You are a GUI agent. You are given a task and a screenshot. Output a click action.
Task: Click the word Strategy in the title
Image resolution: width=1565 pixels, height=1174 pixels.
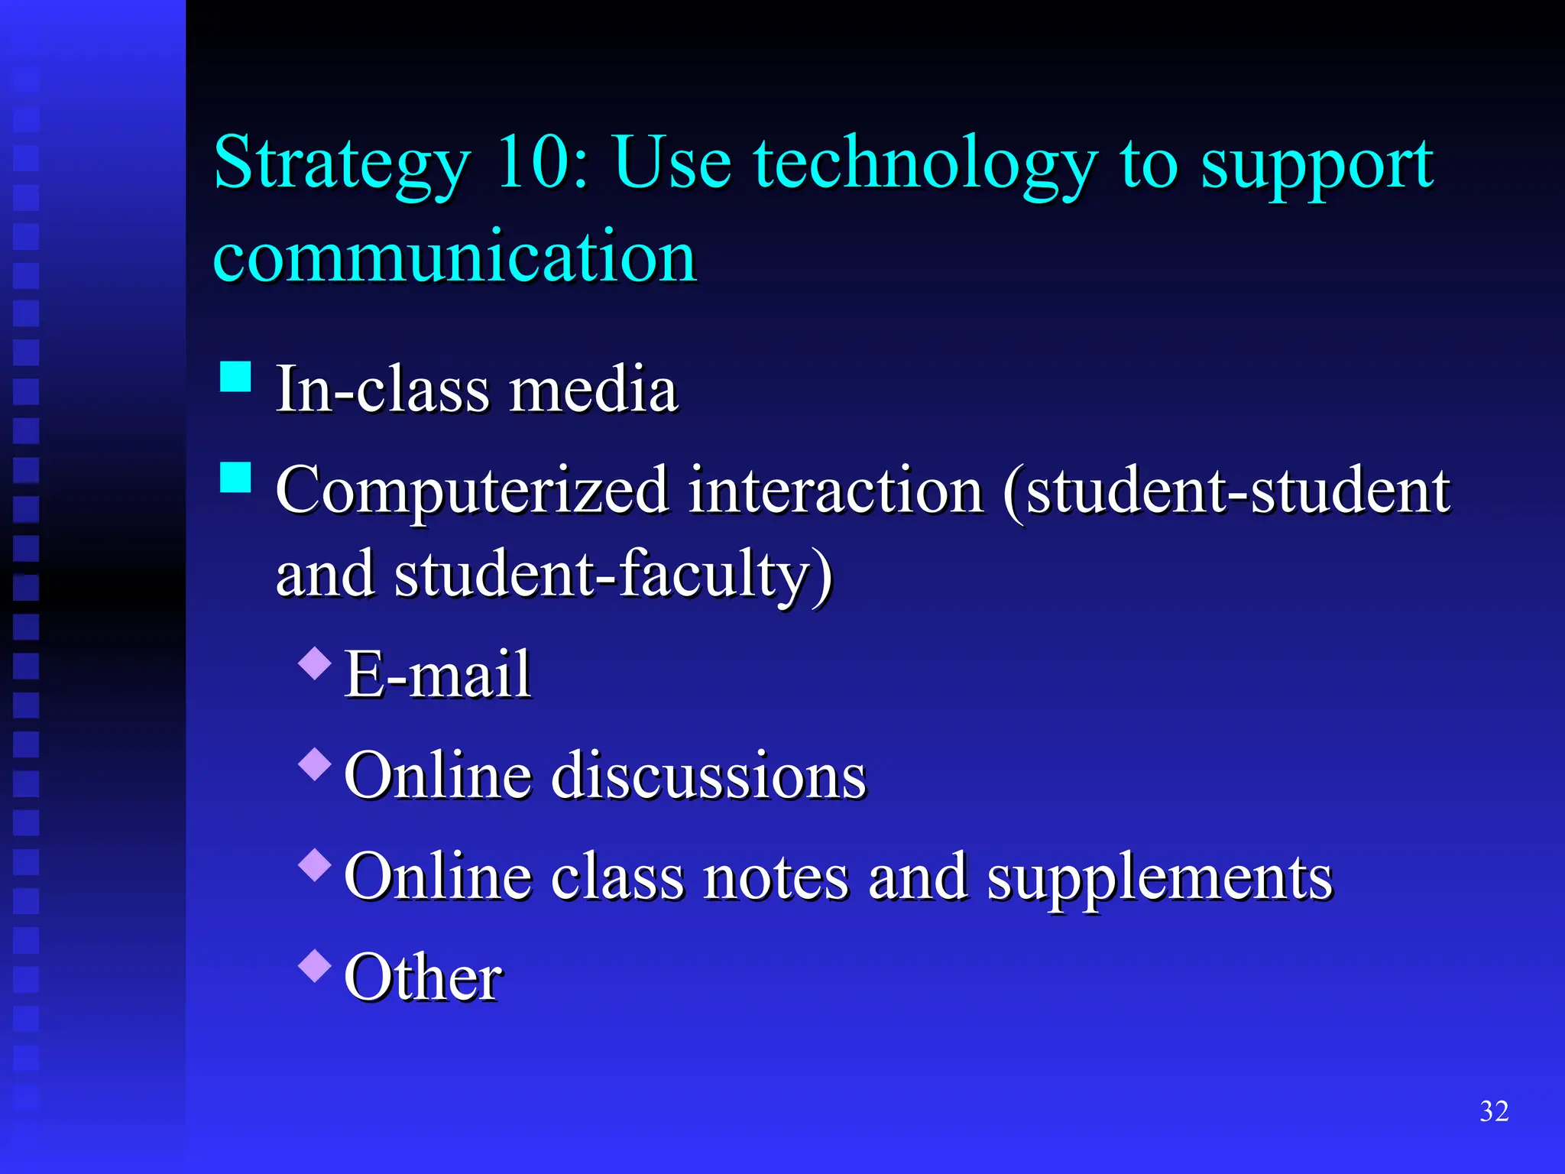click(342, 164)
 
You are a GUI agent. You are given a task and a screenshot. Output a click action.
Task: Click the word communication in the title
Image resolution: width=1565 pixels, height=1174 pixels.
click(455, 256)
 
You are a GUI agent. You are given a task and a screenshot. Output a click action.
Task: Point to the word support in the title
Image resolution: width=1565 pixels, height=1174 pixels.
click(1317, 167)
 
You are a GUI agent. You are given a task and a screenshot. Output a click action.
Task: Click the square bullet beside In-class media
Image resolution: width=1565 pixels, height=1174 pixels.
click(235, 376)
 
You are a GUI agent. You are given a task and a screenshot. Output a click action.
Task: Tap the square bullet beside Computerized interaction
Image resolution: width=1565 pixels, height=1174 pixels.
click(235, 477)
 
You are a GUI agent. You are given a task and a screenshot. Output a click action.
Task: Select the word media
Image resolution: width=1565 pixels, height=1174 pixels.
click(594, 389)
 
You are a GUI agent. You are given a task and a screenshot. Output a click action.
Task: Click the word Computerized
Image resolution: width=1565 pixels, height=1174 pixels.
click(472, 491)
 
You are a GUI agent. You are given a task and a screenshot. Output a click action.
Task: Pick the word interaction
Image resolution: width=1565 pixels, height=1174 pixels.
click(836, 490)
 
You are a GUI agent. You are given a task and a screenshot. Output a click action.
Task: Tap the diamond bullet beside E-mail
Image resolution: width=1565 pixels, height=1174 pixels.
click(315, 663)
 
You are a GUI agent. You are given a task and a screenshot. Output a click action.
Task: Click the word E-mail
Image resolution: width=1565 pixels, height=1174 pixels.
click(437, 674)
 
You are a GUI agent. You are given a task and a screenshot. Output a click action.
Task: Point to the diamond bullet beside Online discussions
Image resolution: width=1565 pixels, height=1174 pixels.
click(315, 764)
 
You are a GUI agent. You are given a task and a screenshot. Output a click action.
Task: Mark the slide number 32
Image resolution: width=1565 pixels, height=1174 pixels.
click(1494, 1111)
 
